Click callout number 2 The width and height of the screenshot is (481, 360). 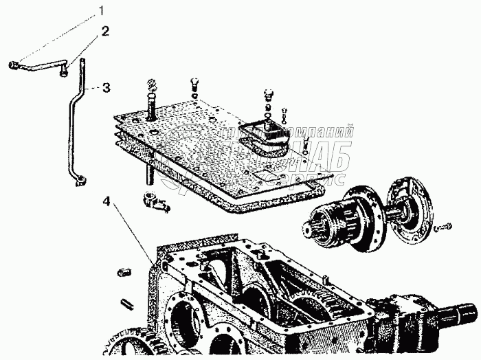(x=105, y=31)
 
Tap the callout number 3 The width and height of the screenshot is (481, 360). (x=105, y=87)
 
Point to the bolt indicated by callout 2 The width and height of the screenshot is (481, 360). (x=63, y=67)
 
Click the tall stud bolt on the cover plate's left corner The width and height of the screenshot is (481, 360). (x=150, y=103)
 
